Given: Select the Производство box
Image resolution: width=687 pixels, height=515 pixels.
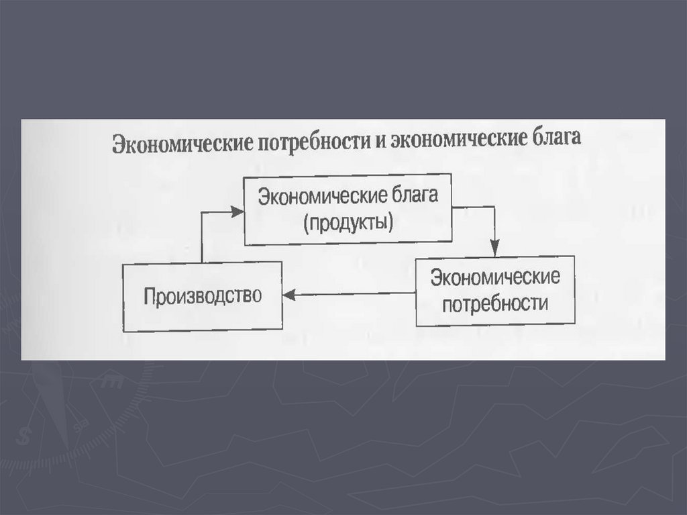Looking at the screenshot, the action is (x=202, y=297).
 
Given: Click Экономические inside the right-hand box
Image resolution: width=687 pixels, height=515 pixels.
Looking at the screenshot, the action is (x=495, y=277).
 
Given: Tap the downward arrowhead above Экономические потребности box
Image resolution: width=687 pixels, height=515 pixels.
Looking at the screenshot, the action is (x=495, y=250).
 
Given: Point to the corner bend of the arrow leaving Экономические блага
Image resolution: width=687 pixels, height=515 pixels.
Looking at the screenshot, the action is (x=495, y=208).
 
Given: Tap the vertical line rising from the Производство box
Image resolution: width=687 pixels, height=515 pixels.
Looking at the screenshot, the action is (x=202, y=238).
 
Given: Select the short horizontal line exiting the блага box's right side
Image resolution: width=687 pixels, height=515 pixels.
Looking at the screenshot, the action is (x=472, y=208).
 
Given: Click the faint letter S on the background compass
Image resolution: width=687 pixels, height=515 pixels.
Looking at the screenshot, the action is (x=25, y=435).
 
